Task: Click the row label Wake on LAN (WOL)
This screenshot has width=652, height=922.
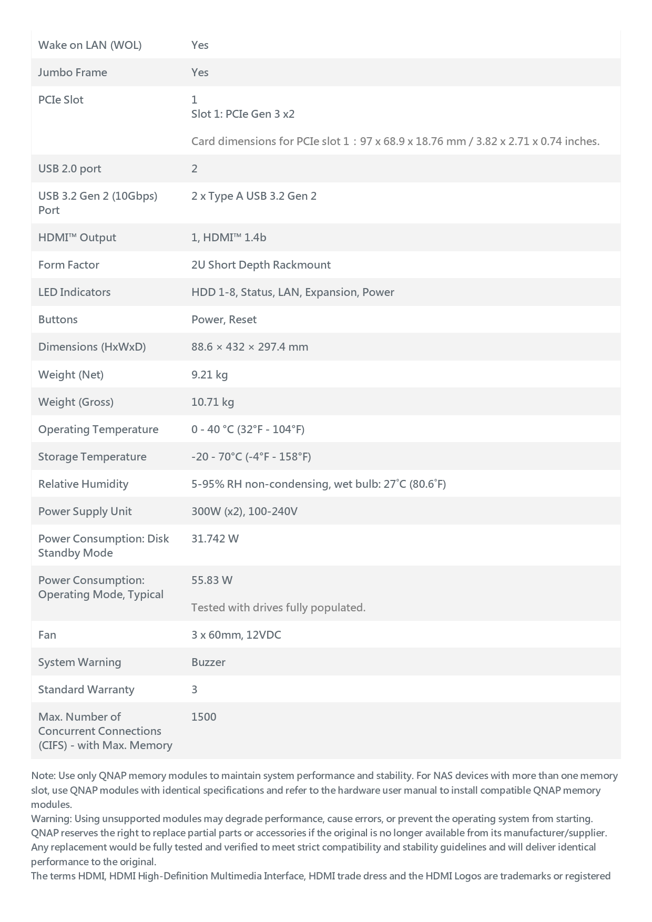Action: pos(90,45)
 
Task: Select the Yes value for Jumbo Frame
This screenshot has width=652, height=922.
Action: pos(200,73)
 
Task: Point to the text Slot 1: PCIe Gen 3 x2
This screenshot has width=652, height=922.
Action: pos(243,114)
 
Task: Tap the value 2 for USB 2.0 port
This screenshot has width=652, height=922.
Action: pos(195,169)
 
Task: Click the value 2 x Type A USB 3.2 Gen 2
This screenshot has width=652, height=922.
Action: pos(254,196)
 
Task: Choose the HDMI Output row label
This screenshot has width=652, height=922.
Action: pos(77,238)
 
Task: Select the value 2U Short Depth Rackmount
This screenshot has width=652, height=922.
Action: pos(261,265)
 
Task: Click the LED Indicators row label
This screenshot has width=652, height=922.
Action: pos(74,292)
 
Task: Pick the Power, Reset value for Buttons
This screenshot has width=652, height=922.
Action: pos(224,320)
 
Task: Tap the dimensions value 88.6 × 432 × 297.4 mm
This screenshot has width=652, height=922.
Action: pos(250,347)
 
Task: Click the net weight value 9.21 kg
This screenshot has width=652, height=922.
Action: pos(209,375)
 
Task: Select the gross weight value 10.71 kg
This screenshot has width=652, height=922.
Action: pos(212,402)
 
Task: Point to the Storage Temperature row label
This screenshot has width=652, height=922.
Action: pos(92,457)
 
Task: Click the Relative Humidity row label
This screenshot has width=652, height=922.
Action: pos(83,484)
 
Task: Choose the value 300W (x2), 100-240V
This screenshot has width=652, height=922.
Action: pos(244,511)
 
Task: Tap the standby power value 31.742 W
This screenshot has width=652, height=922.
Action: pos(215,539)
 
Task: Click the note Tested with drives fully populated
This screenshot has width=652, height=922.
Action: pos(278,608)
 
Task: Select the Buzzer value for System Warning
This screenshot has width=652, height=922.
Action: pos(208,662)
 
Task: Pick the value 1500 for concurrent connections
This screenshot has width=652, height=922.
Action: pos(204,717)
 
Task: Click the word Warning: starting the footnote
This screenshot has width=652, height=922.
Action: pos(51,819)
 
